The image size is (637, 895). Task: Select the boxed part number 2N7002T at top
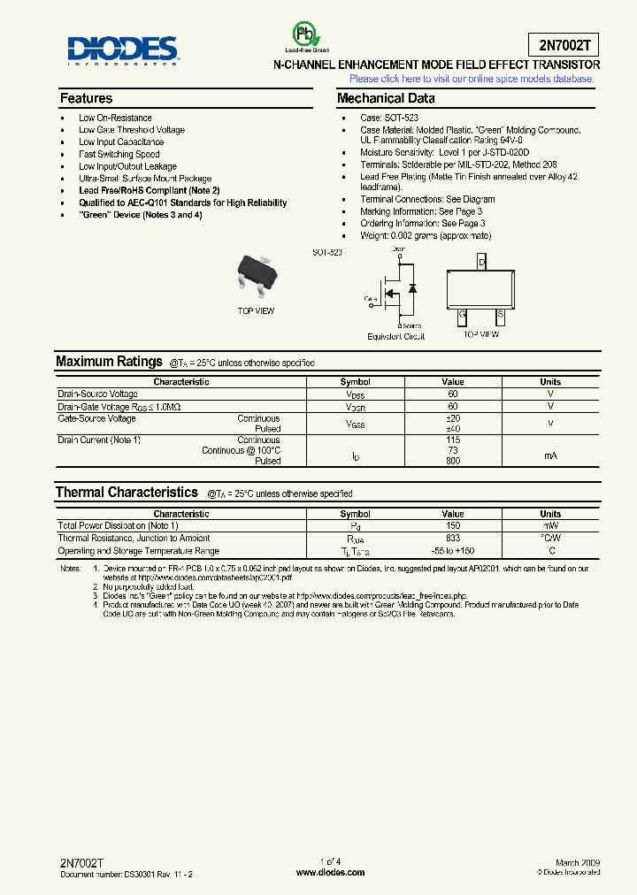point(565,45)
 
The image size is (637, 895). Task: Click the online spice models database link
point(472,79)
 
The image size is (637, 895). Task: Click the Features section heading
point(86,98)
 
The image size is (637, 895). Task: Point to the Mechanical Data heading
point(386,98)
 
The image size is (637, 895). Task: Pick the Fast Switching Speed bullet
point(119,154)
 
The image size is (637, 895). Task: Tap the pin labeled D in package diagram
point(481,263)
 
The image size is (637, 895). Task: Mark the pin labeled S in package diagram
point(500,313)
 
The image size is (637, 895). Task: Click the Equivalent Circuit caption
point(395,336)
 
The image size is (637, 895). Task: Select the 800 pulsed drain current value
point(453,461)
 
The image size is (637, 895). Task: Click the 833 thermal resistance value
point(453,538)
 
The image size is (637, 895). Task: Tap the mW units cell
point(550,525)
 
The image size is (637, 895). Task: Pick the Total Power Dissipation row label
point(118,525)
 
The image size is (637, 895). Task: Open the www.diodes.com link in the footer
point(330,872)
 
